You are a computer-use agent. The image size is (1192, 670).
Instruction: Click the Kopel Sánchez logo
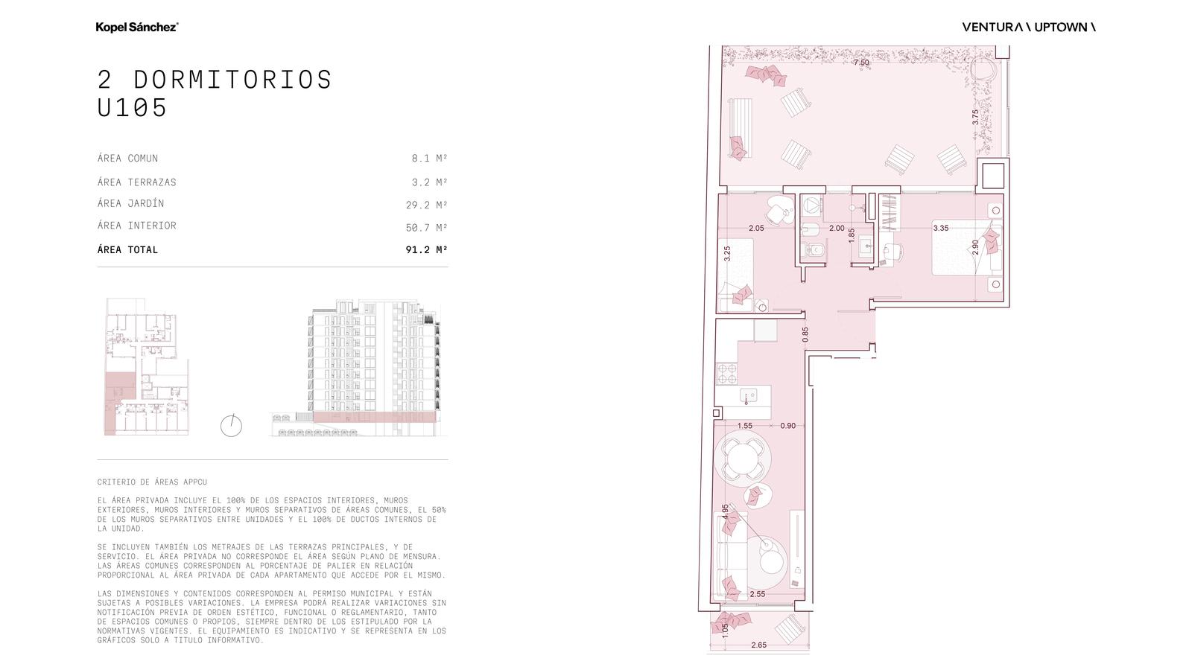coord(137,27)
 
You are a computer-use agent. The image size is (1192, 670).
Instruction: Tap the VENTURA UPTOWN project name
coord(1029,27)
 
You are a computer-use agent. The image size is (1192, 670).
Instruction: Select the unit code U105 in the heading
coord(132,107)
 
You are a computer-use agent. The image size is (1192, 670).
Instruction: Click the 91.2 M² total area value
coord(426,249)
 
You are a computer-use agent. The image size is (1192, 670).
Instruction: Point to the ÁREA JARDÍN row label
coord(131,203)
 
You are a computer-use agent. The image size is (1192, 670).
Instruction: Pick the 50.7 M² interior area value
coord(426,228)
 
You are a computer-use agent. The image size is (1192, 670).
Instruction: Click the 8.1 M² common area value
coord(429,158)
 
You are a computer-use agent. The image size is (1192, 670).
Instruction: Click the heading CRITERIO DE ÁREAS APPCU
coord(152,482)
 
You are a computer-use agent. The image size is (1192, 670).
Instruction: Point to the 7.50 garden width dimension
coord(861,63)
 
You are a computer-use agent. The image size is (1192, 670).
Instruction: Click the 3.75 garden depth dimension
coord(975,117)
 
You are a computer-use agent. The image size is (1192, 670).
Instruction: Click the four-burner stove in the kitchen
coord(726,373)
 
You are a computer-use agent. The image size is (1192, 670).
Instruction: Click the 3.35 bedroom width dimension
coord(940,228)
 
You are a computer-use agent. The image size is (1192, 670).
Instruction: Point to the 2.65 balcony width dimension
coord(759,645)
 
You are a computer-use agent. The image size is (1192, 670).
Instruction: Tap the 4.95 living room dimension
coord(725,511)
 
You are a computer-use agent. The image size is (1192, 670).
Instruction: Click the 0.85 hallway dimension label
coord(805,334)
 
